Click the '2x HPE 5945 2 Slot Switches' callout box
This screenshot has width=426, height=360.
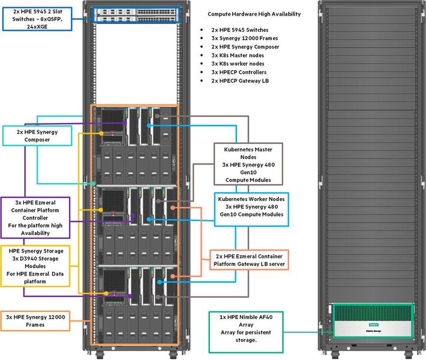(37, 14)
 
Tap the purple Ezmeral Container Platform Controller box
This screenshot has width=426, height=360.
(35, 217)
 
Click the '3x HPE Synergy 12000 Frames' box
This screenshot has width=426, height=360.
(35, 320)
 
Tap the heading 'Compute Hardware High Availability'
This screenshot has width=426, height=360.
(254, 14)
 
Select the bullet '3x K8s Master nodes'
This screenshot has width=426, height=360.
(239, 55)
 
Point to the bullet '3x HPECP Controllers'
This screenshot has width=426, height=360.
(241, 72)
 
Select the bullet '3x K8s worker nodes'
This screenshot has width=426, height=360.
(239, 64)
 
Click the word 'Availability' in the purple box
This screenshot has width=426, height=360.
(35, 233)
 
